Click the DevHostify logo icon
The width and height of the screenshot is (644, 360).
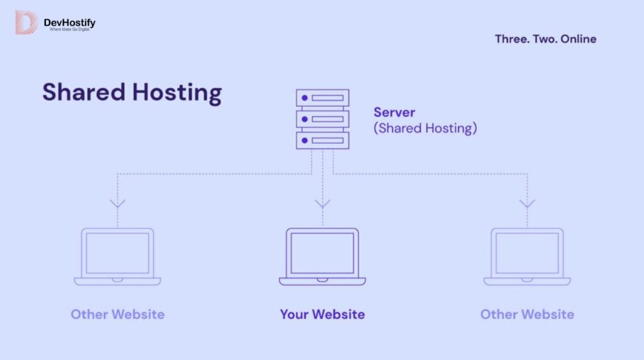coord(26,22)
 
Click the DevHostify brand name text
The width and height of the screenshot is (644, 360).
coord(69,23)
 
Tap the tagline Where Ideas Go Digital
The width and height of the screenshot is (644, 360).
coord(69,30)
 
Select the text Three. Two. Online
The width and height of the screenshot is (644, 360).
coord(545,39)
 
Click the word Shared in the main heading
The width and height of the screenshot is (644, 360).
coord(84,92)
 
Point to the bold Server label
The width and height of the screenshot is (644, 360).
coord(394,113)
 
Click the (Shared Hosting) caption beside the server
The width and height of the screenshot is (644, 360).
coord(425,128)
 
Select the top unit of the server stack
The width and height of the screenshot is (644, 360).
coord(323,98)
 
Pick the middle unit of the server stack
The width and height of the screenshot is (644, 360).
coord(323,119)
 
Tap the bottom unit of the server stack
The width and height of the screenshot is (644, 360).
coord(323,140)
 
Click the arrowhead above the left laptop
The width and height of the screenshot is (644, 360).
coord(118,203)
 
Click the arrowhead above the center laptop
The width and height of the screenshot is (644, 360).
coord(323,203)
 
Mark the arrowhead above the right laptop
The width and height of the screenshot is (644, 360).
coord(527,203)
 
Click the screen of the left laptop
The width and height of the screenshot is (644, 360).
coord(118,252)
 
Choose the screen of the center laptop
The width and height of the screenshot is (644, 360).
coord(323,252)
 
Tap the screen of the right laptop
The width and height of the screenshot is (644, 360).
coord(527,252)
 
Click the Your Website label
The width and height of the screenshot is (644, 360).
coord(323,314)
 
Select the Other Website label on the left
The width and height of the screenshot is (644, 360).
coord(118,314)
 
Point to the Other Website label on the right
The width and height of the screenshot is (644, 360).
coord(527,314)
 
